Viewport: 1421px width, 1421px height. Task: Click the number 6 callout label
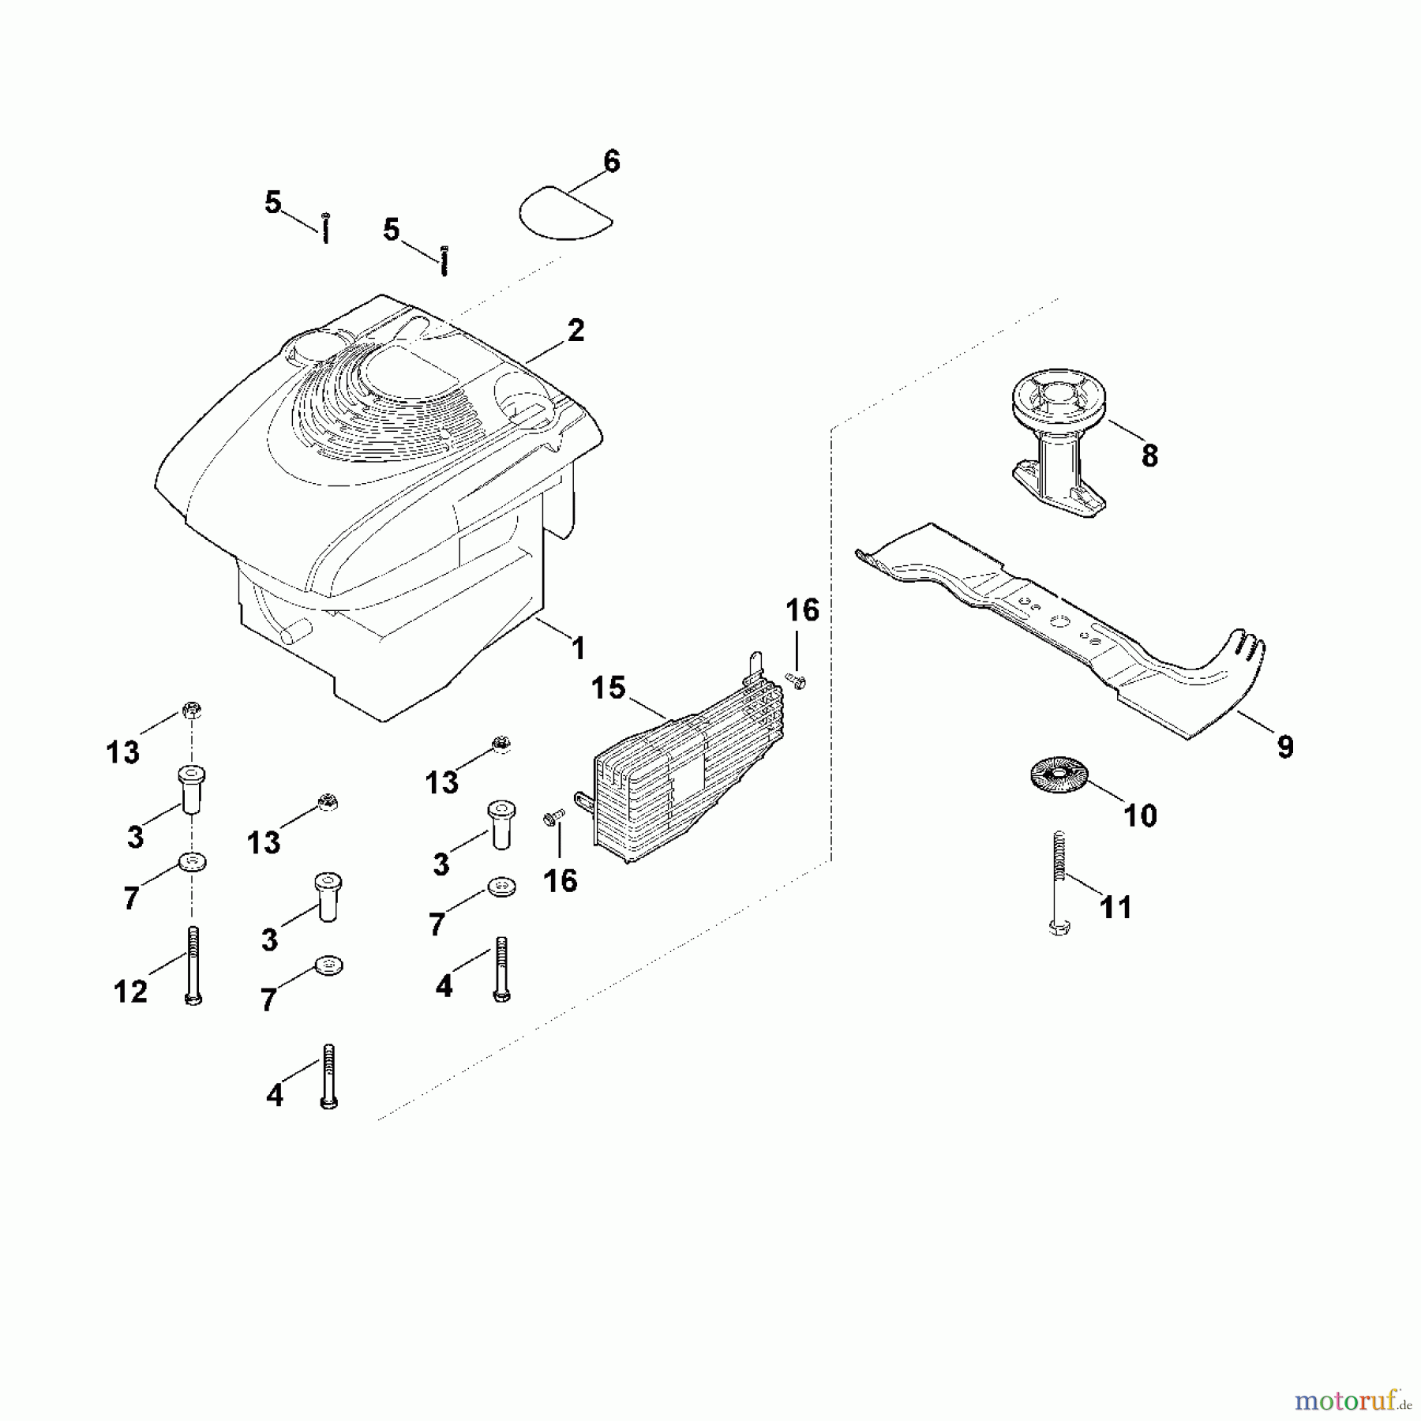pyautogui.click(x=611, y=161)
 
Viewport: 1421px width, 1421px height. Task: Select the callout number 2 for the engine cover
pyautogui.click(x=576, y=330)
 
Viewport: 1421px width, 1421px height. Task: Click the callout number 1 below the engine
pyautogui.click(x=579, y=648)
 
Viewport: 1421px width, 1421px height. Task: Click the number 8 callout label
pyautogui.click(x=1149, y=456)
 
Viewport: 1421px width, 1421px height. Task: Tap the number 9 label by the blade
pyautogui.click(x=1285, y=746)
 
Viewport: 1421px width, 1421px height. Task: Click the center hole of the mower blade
pyautogui.click(x=1061, y=622)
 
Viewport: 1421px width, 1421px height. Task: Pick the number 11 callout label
pyautogui.click(x=1115, y=907)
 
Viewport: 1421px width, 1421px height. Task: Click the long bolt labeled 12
pyautogui.click(x=193, y=965)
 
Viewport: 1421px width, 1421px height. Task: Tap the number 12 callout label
pyautogui.click(x=130, y=992)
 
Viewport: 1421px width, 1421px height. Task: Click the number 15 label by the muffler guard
pyautogui.click(x=608, y=688)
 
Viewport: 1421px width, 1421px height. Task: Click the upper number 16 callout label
pyautogui.click(x=802, y=610)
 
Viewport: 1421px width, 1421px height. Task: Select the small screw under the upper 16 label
pyautogui.click(x=795, y=680)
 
